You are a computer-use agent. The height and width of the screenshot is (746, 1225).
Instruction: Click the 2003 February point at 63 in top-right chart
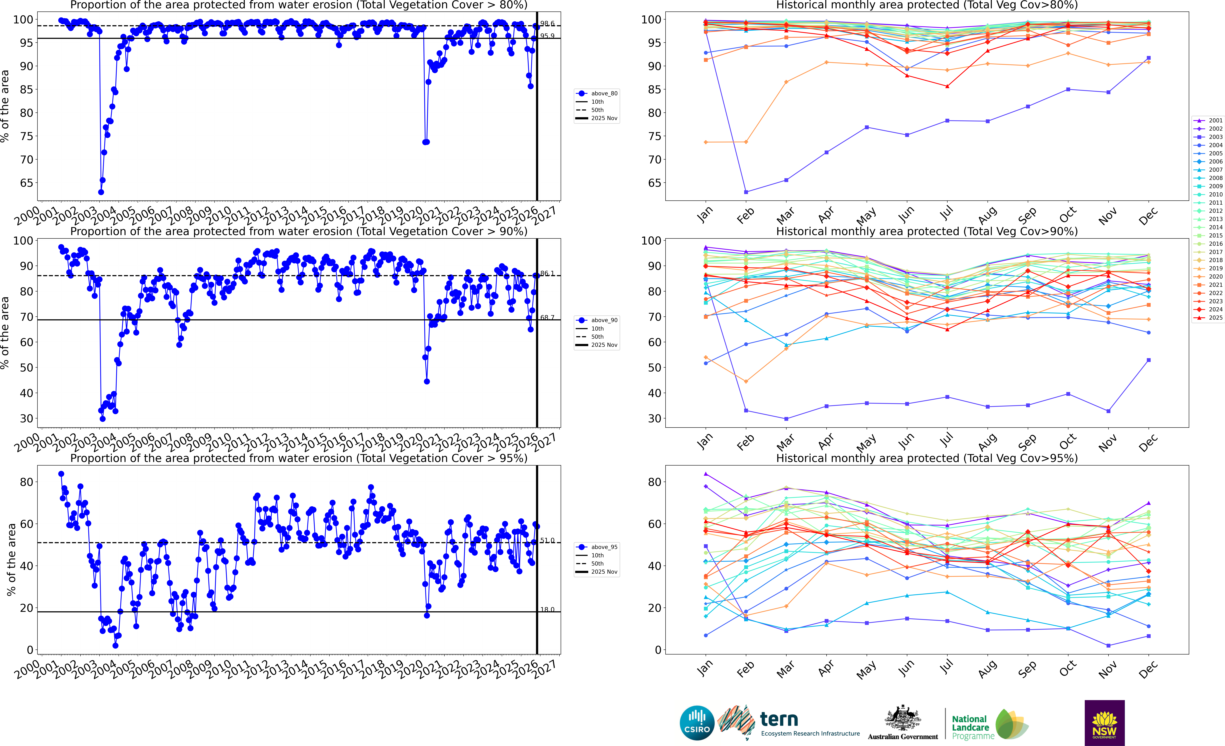pos(746,192)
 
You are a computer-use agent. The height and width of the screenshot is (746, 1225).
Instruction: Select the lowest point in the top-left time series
pos(101,192)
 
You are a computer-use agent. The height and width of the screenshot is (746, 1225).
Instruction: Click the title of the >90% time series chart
pos(299,231)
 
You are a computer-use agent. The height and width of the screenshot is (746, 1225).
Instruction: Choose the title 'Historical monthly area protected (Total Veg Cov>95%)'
pos(927,458)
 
